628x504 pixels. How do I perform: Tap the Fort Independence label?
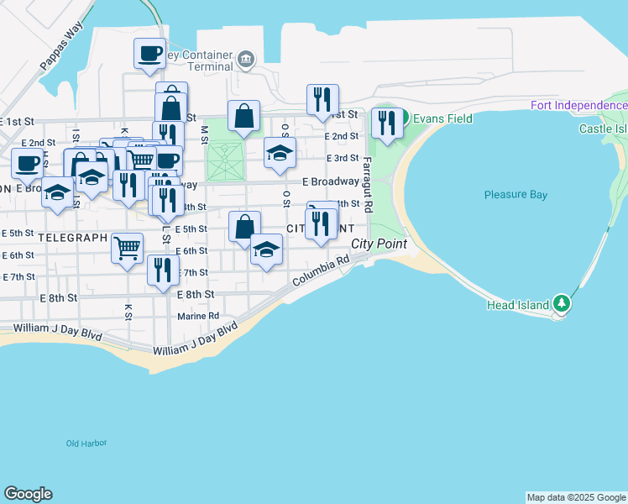[x=578, y=105]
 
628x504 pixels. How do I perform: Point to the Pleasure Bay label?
[x=515, y=195]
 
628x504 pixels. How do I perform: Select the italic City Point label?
[x=379, y=244]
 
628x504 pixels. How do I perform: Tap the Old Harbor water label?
[x=86, y=443]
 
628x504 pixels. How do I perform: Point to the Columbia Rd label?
[x=320, y=271]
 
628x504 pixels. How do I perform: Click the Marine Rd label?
[x=198, y=317]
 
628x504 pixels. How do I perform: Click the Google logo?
[x=28, y=494]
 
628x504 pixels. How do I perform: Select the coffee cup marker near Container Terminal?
[x=150, y=53]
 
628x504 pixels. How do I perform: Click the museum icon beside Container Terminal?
[x=245, y=58]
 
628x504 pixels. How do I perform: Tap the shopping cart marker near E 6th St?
[x=127, y=247]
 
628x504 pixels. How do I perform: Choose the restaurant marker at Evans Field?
[x=387, y=123]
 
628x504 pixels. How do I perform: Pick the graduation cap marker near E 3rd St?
[x=280, y=152]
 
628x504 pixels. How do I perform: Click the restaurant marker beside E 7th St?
[x=162, y=269]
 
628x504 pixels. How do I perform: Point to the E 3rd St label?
[x=342, y=158]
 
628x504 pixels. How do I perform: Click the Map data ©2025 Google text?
[x=576, y=497]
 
